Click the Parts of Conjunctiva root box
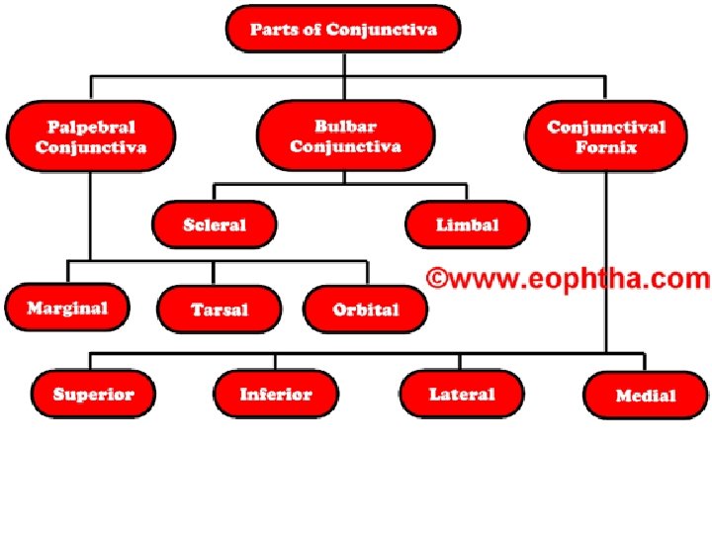(x=343, y=29)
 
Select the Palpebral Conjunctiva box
(x=91, y=136)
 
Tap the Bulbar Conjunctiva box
(x=344, y=136)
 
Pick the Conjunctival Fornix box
(x=606, y=136)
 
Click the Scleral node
(x=214, y=224)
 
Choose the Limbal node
(x=467, y=224)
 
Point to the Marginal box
(x=67, y=309)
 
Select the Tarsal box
(x=220, y=310)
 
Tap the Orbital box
(x=366, y=310)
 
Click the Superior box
(x=93, y=394)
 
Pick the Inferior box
(x=275, y=394)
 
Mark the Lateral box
(x=462, y=394)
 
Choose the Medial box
(x=645, y=395)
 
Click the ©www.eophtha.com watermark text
(x=568, y=278)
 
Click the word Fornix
(x=606, y=147)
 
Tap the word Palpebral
(x=91, y=127)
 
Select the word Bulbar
(x=344, y=126)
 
